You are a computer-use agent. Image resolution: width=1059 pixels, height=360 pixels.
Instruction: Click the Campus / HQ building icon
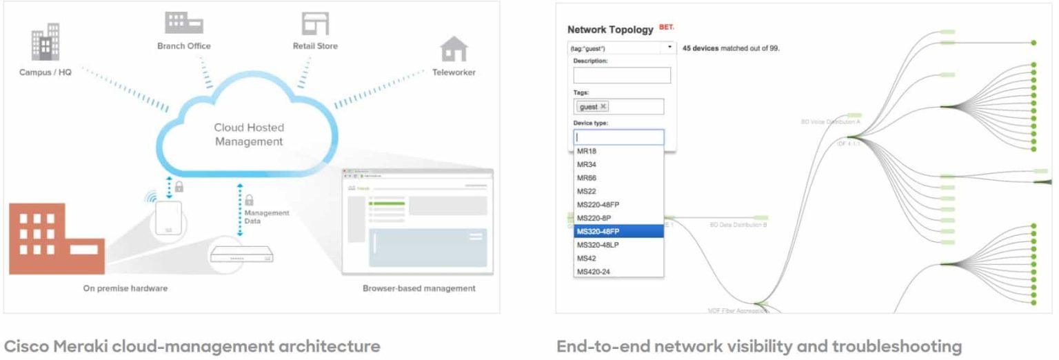coord(46,43)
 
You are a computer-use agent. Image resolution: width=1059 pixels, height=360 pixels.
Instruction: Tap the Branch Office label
coord(183,46)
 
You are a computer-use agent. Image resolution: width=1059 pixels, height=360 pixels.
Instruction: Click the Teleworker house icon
coord(454,49)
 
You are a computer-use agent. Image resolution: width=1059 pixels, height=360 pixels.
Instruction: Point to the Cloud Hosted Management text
coord(248,134)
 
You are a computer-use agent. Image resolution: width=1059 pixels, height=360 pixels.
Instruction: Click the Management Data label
coord(266,217)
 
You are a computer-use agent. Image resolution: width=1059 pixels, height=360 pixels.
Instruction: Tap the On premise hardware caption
coord(125,288)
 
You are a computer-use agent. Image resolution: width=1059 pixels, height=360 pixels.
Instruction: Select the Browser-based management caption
coord(418,288)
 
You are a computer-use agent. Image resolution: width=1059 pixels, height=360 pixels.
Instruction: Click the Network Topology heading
coord(609,30)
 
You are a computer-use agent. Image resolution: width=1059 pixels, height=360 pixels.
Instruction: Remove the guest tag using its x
coord(603,107)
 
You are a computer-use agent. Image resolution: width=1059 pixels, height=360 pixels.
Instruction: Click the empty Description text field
coord(622,75)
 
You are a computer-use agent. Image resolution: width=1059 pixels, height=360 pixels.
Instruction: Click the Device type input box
coord(618,137)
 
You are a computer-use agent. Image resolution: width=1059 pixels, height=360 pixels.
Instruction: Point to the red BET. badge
coord(666,28)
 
